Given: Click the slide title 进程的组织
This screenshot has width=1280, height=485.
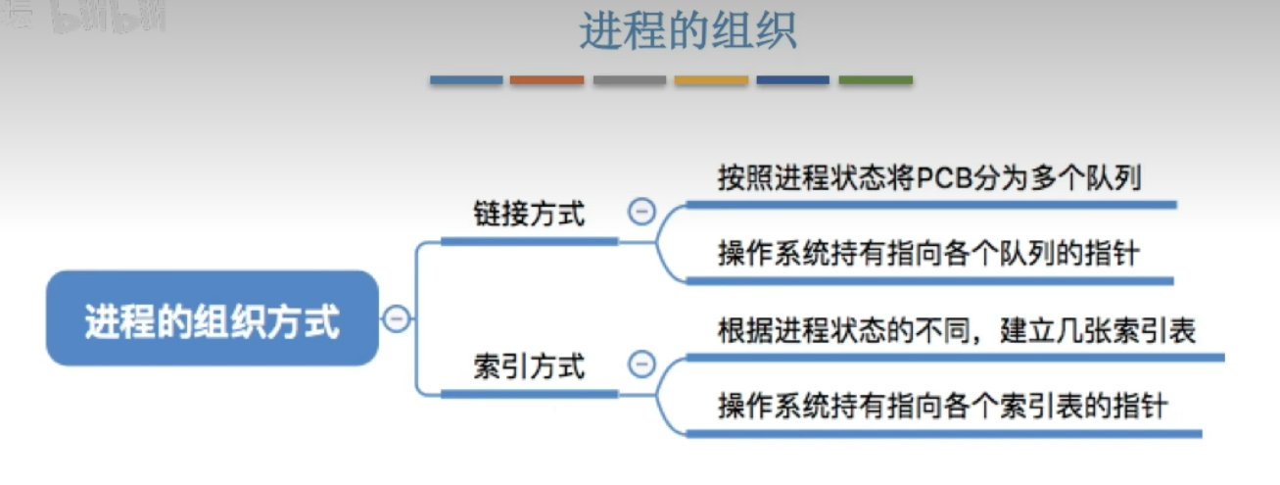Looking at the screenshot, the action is pos(688,31).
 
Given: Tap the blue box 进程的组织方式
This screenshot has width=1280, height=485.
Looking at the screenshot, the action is pos(213,318).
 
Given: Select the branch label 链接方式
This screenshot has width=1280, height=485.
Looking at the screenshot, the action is pos(529,214).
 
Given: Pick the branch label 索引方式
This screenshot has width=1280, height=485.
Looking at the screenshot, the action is pos(529,366).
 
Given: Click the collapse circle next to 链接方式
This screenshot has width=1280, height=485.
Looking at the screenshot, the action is pos(641,212).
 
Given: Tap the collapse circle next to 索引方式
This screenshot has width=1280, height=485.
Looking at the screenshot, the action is pos(641,364).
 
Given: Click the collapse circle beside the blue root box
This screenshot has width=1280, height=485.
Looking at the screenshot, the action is pos(397,318).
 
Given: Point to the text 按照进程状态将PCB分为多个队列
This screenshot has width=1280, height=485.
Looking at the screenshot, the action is pos(929,177).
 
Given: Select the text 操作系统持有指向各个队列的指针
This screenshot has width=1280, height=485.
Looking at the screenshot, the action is pos(929,253).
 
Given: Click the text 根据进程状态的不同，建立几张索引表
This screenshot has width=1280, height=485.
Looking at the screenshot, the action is pos(957,330).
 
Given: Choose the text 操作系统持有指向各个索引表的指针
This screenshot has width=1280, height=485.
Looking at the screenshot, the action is pos(943,406).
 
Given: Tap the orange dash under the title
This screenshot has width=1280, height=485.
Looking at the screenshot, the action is pos(546,80).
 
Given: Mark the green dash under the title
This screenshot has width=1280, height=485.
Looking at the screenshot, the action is pos(876,80).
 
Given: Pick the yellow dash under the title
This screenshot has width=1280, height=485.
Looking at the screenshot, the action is pos(711,80).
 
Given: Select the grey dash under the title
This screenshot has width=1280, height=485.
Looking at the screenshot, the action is pos(630,80).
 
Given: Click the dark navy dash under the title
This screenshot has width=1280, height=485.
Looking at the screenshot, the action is pos(793,80).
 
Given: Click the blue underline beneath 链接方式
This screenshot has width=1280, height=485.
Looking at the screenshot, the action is pos(530,242).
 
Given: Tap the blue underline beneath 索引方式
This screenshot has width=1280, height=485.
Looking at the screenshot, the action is pos(530,394).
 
